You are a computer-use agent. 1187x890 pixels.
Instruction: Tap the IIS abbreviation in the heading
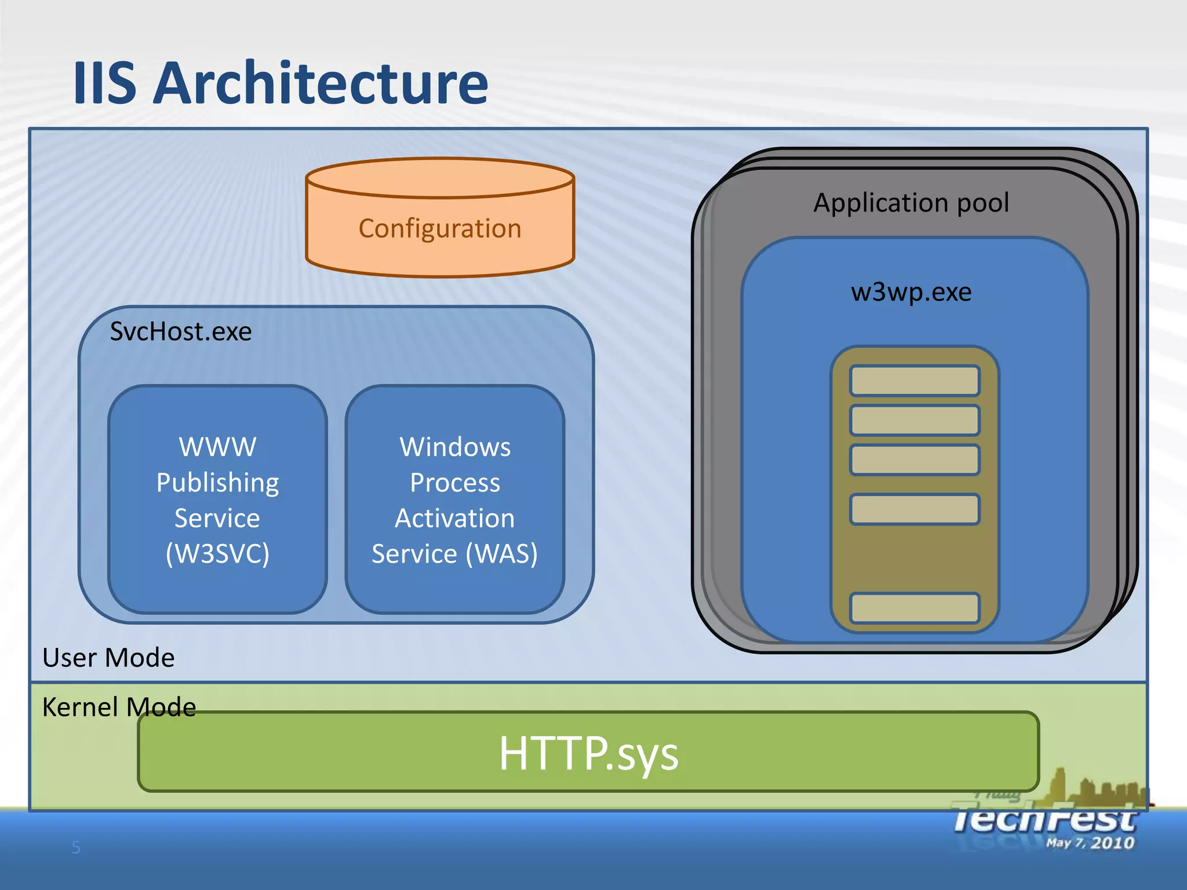click(x=105, y=84)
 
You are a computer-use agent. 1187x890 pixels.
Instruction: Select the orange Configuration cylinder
click(x=440, y=228)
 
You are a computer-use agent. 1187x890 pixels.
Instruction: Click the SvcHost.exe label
click(x=181, y=332)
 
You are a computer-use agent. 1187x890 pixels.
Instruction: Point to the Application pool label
click(x=911, y=203)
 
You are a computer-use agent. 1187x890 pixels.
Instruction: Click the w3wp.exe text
click(x=911, y=292)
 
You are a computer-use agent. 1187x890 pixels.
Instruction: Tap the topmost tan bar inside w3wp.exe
click(x=915, y=381)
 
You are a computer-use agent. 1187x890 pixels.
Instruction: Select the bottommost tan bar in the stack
click(x=915, y=608)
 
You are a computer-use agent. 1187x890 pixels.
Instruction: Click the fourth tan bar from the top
click(x=915, y=509)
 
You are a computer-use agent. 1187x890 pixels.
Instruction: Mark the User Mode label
click(x=108, y=658)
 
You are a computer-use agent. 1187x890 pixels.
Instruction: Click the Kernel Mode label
click(x=119, y=707)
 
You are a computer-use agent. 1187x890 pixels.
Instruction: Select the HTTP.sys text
click(x=588, y=753)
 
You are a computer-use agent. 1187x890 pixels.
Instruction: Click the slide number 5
click(x=76, y=848)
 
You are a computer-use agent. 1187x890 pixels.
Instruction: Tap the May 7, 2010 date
click(x=1090, y=843)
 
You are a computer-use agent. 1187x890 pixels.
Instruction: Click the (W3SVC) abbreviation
click(x=217, y=553)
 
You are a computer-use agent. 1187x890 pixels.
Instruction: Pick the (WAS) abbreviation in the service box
click(x=502, y=553)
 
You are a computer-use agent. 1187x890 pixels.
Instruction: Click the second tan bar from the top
click(x=915, y=420)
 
